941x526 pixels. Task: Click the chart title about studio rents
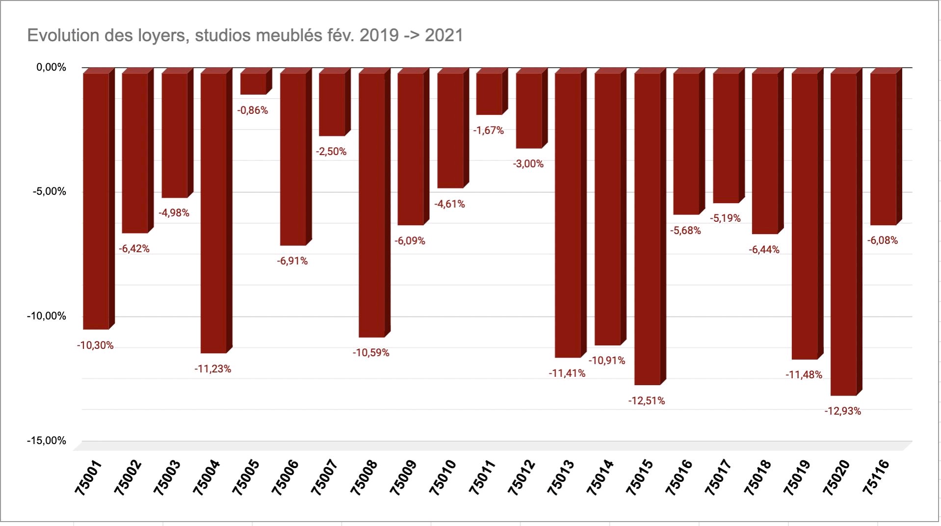(x=245, y=35)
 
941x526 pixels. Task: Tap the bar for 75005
(x=253, y=83)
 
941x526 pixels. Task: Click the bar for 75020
(x=843, y=234)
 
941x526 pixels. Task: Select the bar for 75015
(x=647, y=228)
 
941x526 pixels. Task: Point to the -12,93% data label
(x=842, y=411)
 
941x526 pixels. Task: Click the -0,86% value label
(x=253, y=110)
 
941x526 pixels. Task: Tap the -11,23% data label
(x=212, y=369)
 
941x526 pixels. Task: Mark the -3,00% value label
(x=528, y=164)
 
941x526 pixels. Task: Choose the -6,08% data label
(x=883, y=240)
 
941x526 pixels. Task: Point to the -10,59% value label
(x=371, y=353)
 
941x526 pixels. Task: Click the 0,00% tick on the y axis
(x=51, y=67)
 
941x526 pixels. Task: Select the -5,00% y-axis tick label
(x=49, y=191)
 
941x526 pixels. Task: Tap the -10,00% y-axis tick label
(x=47, y=316)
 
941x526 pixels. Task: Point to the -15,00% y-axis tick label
(x=47, y=441)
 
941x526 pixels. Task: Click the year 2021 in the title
(x=444, y=35)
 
